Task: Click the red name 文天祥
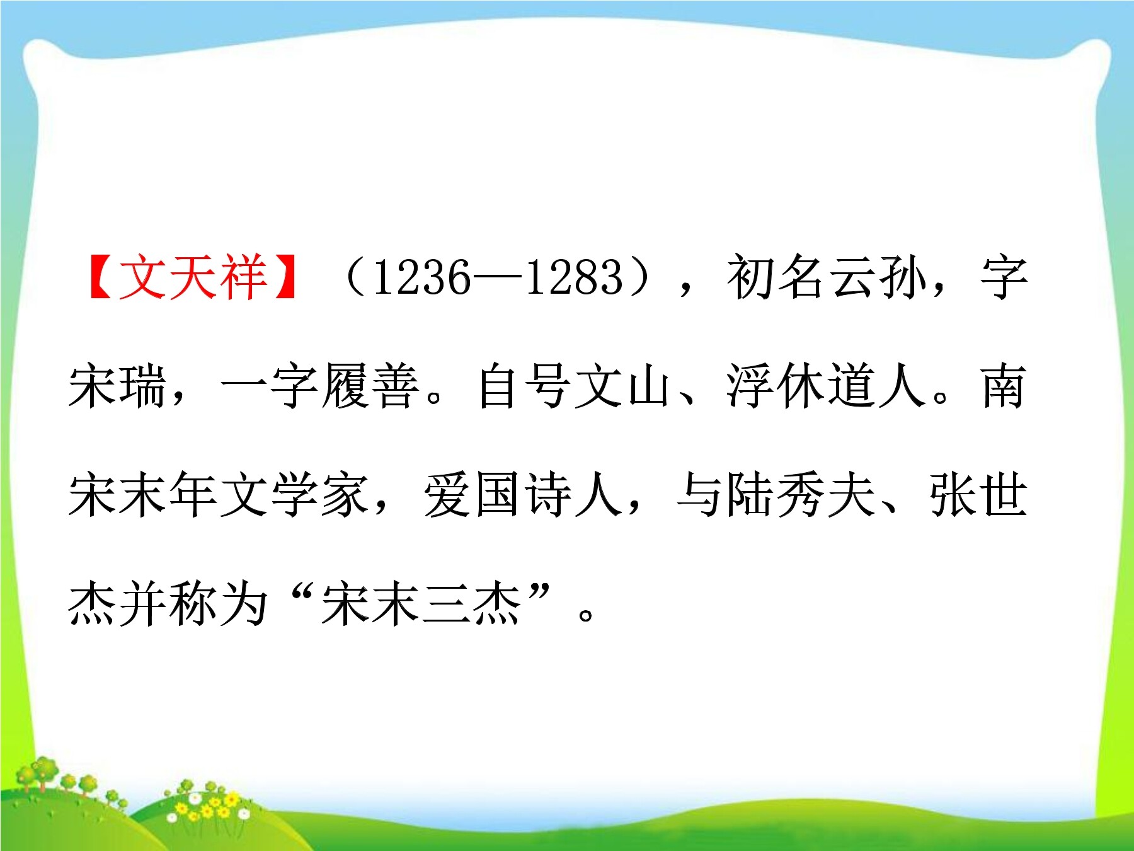[x=193, y=277]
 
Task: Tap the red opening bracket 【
[x=101, y=277]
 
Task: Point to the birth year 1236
[x=421, y=277]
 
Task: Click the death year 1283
[x=574, y=277]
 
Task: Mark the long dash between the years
[x=498, y=278]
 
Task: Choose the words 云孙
[x=878, y=277]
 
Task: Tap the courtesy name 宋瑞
[x=118, y=386]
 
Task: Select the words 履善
[x=370, y=386]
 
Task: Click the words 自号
[x=526, y=386]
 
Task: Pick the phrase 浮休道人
[x=826, y=386]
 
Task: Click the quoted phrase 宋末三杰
[x=421, y=604]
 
